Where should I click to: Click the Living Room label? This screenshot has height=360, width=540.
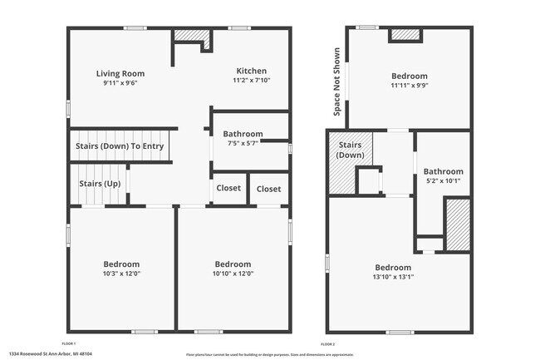click(120, 73)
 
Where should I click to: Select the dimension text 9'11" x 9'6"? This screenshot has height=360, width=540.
click(120, 83)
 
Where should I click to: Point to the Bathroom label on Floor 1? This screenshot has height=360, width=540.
click(243, 133)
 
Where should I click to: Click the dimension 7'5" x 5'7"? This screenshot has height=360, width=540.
click(243, 142)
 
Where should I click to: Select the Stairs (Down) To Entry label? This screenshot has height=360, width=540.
click(120, 146)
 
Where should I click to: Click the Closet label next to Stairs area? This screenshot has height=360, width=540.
click(228, 188)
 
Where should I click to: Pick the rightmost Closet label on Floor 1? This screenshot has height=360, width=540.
click(268, 189)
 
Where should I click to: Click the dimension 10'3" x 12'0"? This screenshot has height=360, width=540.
click(121, 273)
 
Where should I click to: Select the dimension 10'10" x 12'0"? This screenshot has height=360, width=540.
click(233, 273)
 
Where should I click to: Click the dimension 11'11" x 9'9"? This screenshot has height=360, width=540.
click(409, 86)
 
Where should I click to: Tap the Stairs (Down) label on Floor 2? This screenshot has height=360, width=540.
click(350, 150)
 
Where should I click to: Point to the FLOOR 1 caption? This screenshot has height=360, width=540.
click(69, 343)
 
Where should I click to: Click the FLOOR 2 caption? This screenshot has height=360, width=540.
click(328, 343)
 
